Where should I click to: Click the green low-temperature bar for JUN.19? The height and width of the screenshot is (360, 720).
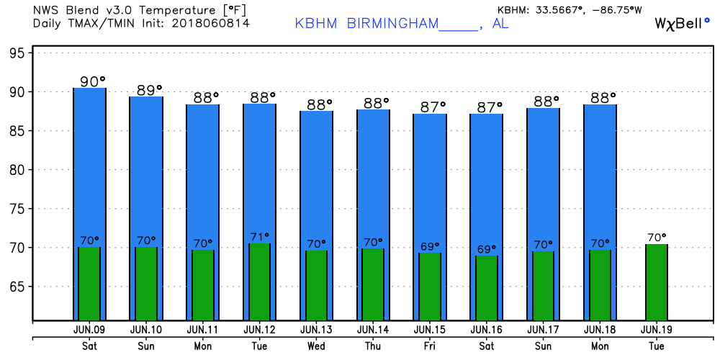point(657,282)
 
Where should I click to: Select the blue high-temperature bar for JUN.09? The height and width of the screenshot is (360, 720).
point(89,166)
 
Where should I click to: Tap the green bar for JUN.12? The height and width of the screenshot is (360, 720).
point(259,282)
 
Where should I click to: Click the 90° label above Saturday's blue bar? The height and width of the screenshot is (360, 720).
point(92,81)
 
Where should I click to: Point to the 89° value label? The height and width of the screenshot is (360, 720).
point(151,90)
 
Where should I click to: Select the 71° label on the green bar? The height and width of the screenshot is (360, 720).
point(259,236)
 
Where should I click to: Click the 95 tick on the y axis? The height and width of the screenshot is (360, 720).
point(18,53)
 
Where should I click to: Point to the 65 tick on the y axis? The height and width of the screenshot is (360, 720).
point(18,287)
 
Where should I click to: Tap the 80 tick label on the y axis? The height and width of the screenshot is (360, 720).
point(18,170)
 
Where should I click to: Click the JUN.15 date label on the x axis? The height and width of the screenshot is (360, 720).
point(429,329)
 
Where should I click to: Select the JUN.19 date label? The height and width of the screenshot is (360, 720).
point(656,329)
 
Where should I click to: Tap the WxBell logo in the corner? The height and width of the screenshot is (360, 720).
point(680,23)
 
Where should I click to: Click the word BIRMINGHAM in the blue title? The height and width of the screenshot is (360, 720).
point(392,23)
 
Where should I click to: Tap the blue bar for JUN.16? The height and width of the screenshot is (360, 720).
point(487,180)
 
